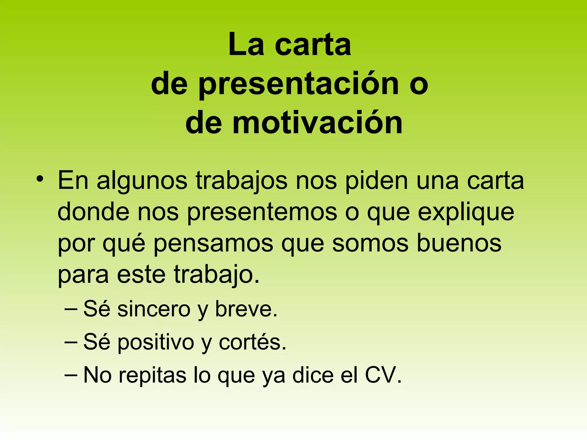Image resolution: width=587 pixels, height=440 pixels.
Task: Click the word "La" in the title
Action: click(x=246, y=45)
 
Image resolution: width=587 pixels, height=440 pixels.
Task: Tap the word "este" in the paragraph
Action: click(x=141, y=274)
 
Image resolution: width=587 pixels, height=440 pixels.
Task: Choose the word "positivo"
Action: click(x=156, y=343)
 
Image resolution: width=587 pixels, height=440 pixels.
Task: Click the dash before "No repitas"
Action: click(x=71, y=375)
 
